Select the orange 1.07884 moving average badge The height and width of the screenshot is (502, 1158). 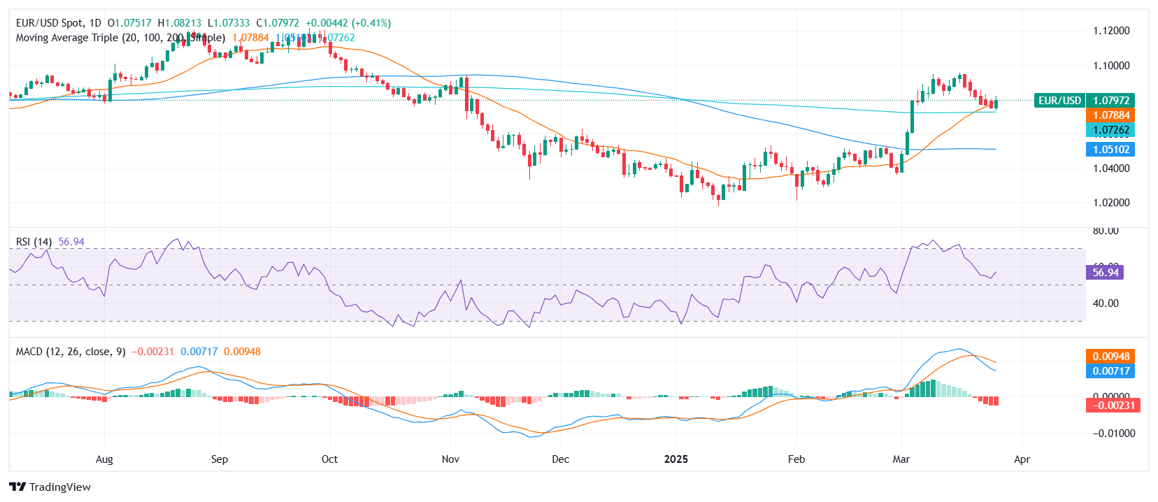click(1111, 115)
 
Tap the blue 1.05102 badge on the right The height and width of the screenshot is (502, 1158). click(1111, 150)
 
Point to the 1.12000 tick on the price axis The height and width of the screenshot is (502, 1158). click(1111, 31)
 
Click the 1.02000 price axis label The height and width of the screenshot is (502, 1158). click(1111, 203)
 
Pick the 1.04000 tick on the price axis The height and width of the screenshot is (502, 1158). click(1111, 168)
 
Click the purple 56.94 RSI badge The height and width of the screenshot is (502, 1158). click(1105, 273)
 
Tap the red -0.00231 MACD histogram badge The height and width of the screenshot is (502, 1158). click(1113, 406)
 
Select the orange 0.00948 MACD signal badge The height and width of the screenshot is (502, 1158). click(1110, 357)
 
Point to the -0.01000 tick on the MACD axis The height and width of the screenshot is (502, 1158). click(1110, 433)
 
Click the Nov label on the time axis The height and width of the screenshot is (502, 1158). click(450, 459)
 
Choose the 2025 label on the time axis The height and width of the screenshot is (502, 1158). click(675, 459)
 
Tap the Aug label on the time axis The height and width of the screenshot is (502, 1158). click(104, 459)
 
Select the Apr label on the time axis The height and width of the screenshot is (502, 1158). click(1022, 459)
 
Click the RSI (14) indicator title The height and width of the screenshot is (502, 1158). click(34, 242)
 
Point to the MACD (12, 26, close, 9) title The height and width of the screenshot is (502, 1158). click(71, 352)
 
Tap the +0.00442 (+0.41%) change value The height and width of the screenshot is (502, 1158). click(348, 23)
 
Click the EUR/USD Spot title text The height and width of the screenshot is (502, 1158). click(48, 23)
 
